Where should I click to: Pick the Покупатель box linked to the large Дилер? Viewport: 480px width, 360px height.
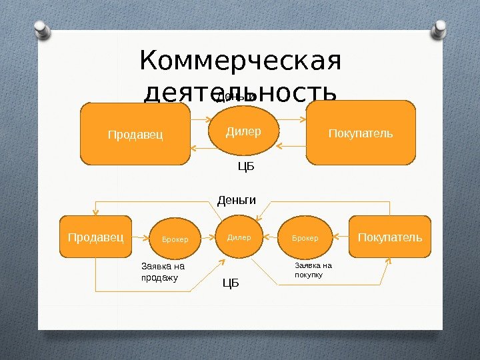point(361,133)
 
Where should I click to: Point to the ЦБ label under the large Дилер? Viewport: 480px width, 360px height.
point(247,167)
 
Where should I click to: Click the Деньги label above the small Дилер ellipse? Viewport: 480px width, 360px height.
point(237,199)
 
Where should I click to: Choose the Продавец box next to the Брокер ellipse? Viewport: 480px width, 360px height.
point(95,237)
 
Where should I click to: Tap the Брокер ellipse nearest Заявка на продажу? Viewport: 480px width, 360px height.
point(175,239)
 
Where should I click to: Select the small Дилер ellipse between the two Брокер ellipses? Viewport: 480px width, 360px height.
point(239,237)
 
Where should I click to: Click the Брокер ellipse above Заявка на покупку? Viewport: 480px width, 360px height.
point(305,238)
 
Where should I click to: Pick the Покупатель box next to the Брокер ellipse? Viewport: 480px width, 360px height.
point(390,237)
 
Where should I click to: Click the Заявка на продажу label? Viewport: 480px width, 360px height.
point(163,272)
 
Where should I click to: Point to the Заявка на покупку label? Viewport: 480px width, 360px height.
point(313,269)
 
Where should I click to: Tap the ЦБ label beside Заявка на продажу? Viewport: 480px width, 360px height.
point(230,285)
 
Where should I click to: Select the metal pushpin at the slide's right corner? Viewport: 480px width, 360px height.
point(441,29)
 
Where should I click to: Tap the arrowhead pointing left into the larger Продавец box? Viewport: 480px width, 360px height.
point(194,147)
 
